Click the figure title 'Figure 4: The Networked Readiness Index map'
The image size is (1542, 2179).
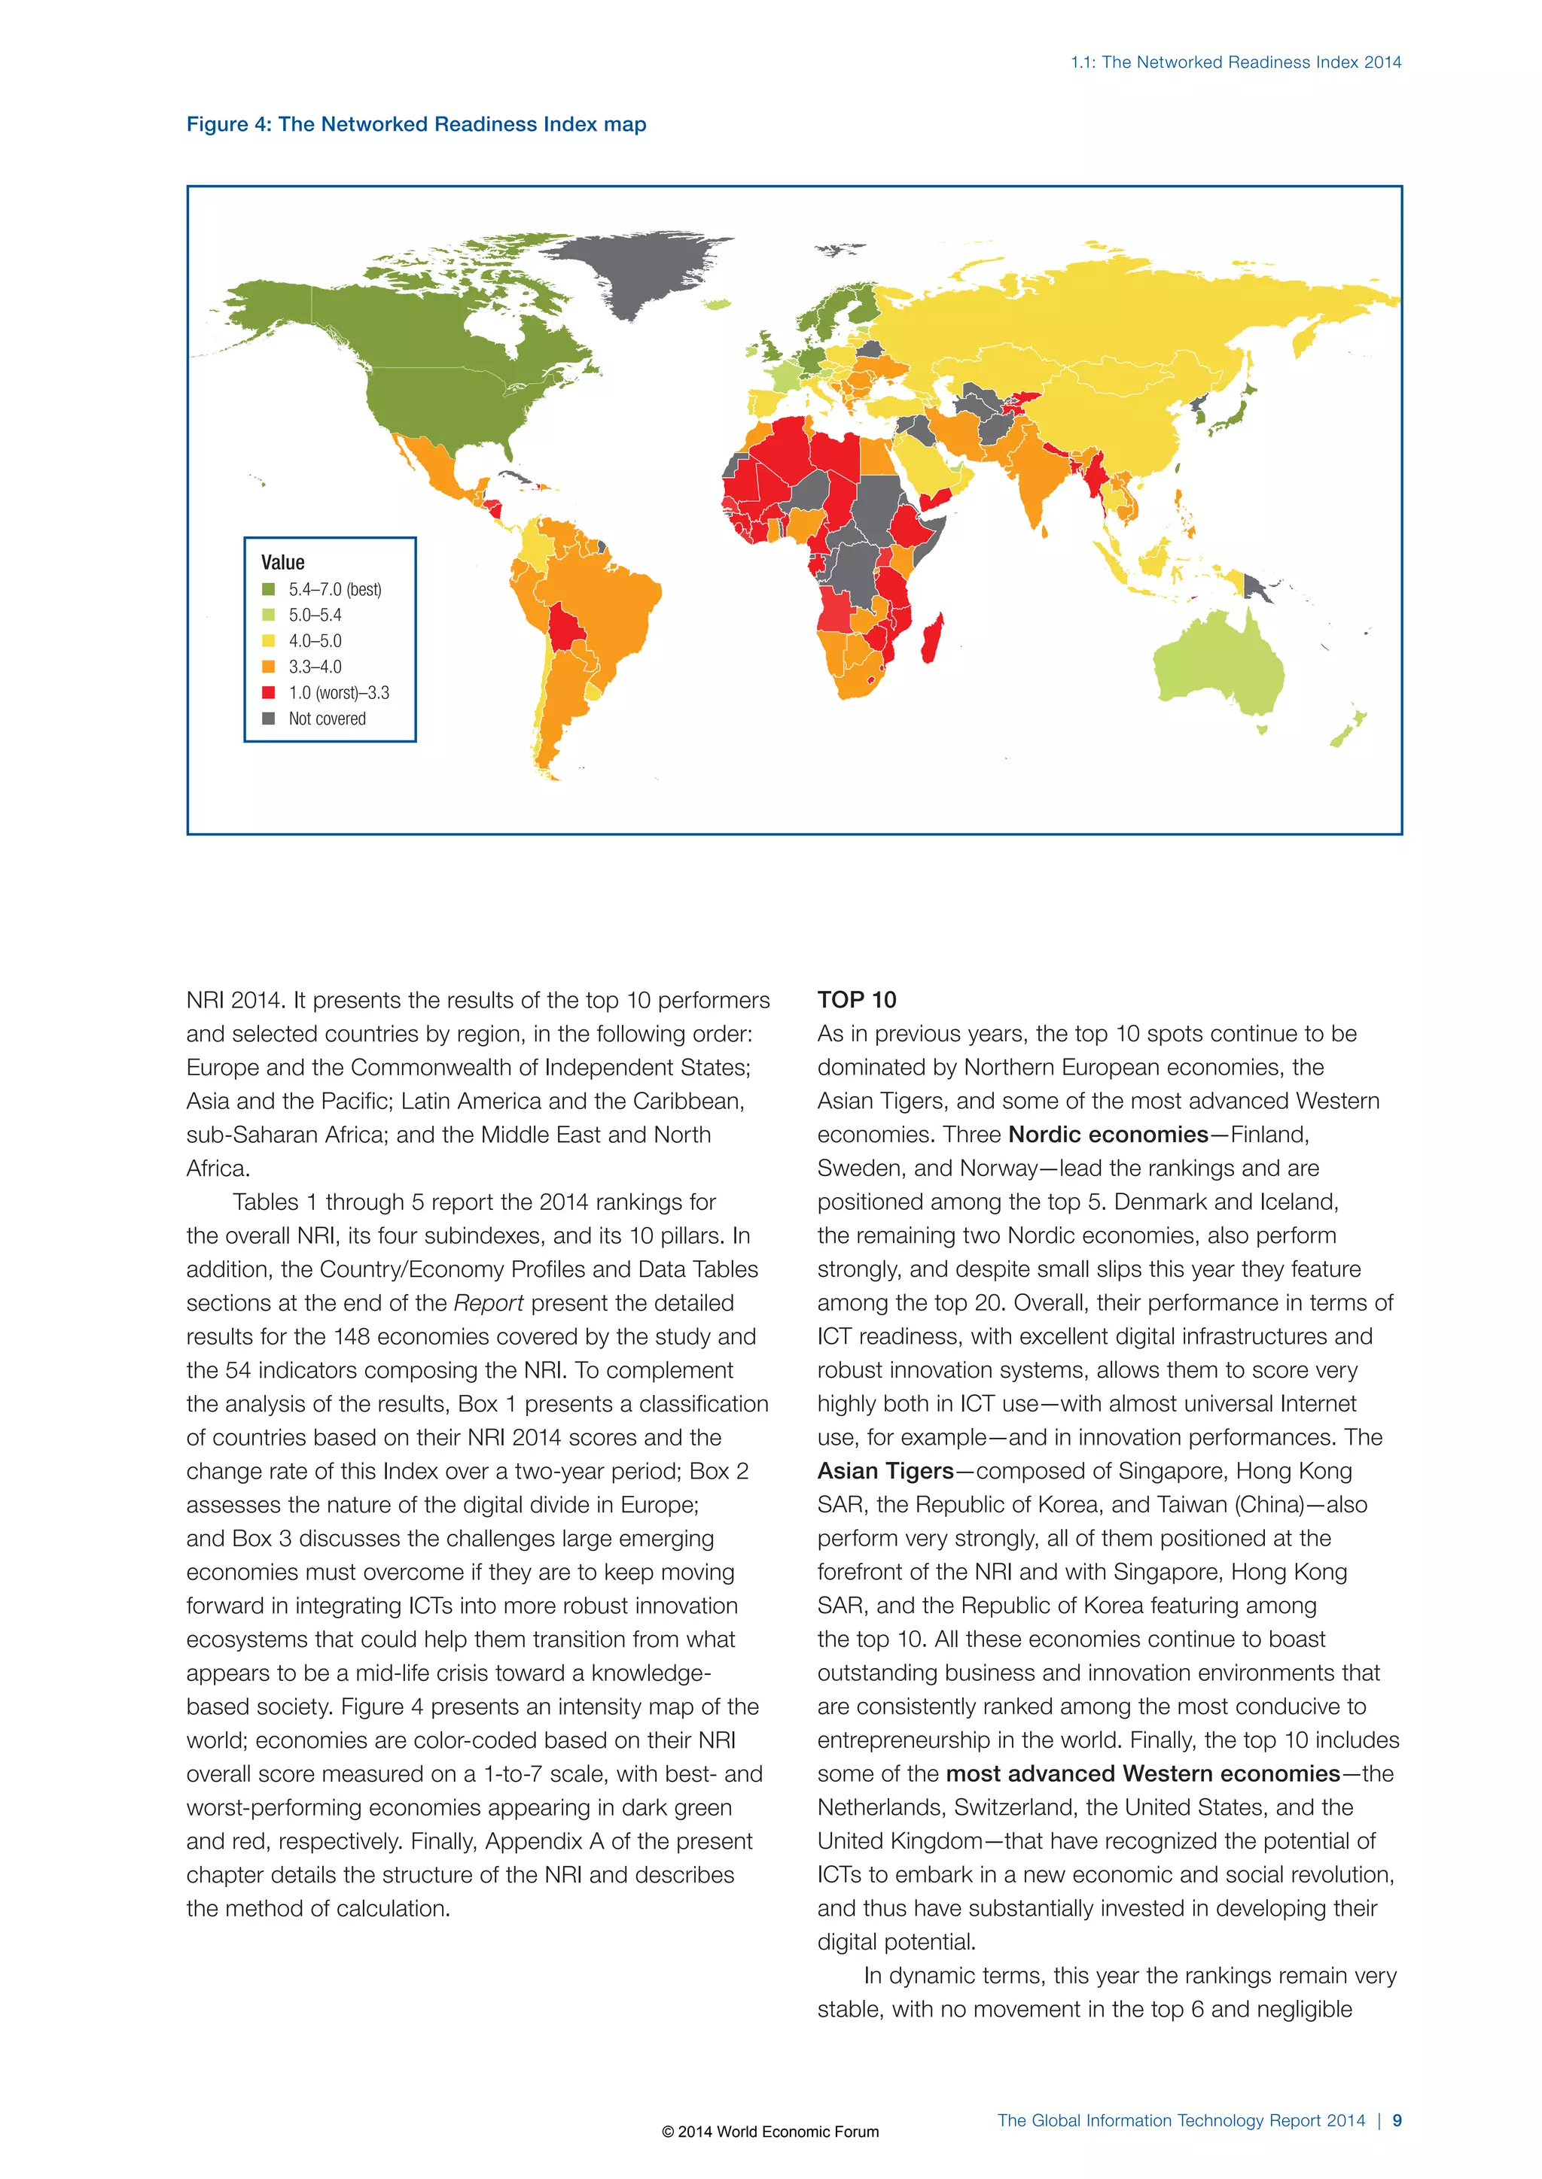(x=416, y=124)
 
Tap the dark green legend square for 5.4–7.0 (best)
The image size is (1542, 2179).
(x=269, y=589)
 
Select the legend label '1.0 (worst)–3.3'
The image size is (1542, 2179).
(x=338, y=693)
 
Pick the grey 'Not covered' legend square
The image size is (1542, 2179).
(x=269, y=719)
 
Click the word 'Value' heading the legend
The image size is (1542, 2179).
(x=283, y=562)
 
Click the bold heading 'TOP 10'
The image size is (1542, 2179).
(x=856, y=999)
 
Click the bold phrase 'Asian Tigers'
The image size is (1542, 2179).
(x=885, y=1471)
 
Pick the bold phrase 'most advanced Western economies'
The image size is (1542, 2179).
(x=1142, y=1773)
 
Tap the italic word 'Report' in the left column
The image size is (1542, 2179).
(x=488, y=1303)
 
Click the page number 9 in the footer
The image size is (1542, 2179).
(x=1397, y=2120)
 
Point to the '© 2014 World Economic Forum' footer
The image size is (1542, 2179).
(x=770, y=2132)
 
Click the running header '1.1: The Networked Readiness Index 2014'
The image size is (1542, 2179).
(x=1236, y=62)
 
